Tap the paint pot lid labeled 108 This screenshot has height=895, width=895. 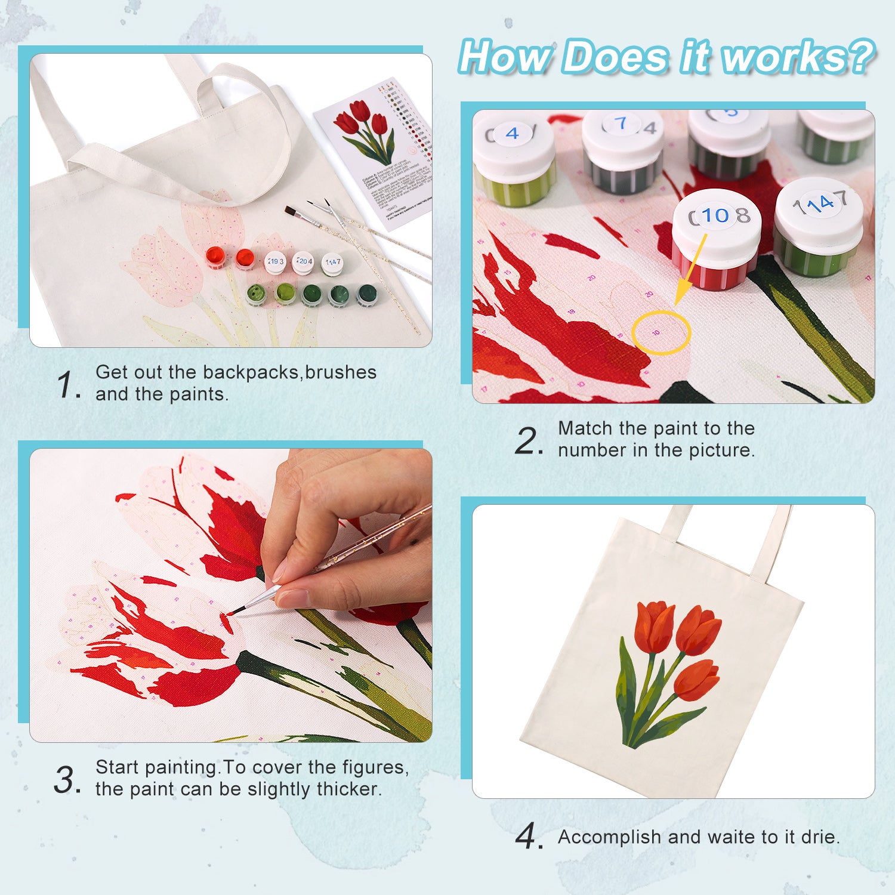[x=717, y=215]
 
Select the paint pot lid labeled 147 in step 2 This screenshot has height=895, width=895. [x=819, y=205]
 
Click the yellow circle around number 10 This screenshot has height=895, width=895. [x=661, y=332]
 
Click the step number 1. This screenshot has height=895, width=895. [x=67, y=384]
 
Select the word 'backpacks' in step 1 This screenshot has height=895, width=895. [x=251, y=372]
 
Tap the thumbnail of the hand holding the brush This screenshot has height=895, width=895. [x=231, y=595]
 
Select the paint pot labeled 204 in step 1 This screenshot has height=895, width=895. [x=304, y=262]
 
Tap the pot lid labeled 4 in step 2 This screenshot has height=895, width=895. [x=513, y=135]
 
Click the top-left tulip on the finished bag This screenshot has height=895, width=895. [x=655, y=626]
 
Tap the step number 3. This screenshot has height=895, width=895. [x=66, y=779]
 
